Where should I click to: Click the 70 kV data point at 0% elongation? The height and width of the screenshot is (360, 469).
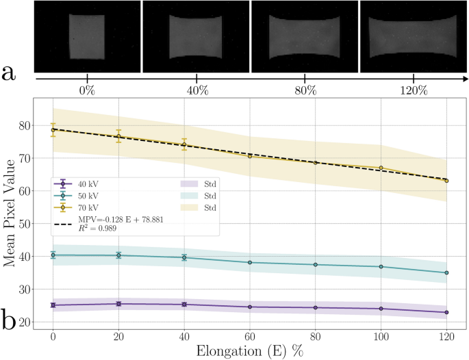[53, 129]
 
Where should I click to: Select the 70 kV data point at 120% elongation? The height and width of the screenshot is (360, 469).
[446, 181]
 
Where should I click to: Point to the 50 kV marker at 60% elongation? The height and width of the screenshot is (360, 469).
[250, 263]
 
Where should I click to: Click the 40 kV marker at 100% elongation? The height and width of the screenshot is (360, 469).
[381, 309]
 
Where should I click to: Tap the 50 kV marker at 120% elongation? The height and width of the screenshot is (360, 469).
[446, 272]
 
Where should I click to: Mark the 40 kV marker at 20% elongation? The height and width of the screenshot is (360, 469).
[118, 304]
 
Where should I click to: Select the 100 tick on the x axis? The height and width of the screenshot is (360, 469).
[381, 337]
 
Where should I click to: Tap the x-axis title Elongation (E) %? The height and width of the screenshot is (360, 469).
[249, 351]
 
